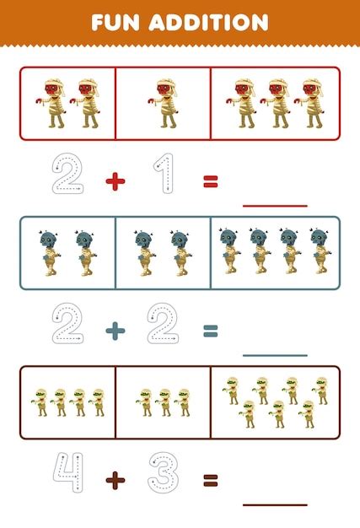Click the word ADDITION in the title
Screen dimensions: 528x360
(211, 21)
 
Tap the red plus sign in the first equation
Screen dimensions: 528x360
(116, 181)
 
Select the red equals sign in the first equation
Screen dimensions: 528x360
(210, 180)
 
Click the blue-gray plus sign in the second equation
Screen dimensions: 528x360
(116, 331)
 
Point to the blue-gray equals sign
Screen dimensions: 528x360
(210, 331)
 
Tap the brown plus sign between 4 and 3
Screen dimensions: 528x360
(116, 481)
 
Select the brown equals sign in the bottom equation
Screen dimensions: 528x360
(210, 481)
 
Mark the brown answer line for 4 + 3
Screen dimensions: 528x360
(275, 504)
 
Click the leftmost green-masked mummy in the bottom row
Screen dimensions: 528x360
(38, 401)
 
